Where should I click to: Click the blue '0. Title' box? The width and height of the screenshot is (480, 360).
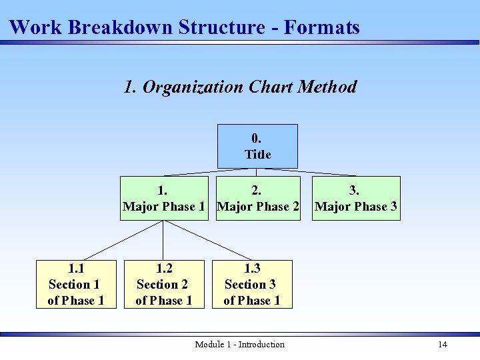(257, 146)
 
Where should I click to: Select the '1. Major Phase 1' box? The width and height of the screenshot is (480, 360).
(164, 199)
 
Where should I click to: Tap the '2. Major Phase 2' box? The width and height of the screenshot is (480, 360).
(259, 199)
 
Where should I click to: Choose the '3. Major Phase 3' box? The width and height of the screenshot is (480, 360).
(356, 199)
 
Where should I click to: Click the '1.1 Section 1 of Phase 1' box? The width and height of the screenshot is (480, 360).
(76, 285)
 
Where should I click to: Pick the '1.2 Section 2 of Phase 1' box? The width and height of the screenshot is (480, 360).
(164, 285)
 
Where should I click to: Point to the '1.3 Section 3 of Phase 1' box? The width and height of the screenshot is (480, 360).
(252, 285)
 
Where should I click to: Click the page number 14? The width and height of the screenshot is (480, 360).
(442, 345)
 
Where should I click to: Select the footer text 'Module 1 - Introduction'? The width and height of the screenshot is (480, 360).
(239, 345)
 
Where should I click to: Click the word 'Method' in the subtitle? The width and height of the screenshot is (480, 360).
(327, 87)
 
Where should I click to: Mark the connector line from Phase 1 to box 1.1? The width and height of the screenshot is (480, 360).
(123, 241)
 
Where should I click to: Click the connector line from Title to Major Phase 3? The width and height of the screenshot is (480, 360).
(307, 173)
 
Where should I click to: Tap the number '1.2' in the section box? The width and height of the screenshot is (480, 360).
(164, 269)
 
